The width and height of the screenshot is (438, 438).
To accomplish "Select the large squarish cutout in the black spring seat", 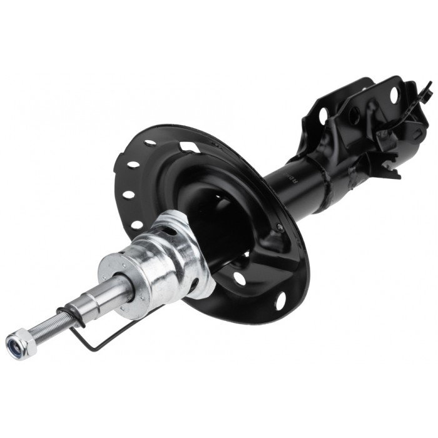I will coord(190,148).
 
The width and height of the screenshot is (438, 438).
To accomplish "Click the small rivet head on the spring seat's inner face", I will coord(280,227).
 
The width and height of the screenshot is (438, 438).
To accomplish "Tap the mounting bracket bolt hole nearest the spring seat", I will coord(323,116).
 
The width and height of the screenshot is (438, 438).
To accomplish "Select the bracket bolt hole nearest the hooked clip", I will coord(394,95).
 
